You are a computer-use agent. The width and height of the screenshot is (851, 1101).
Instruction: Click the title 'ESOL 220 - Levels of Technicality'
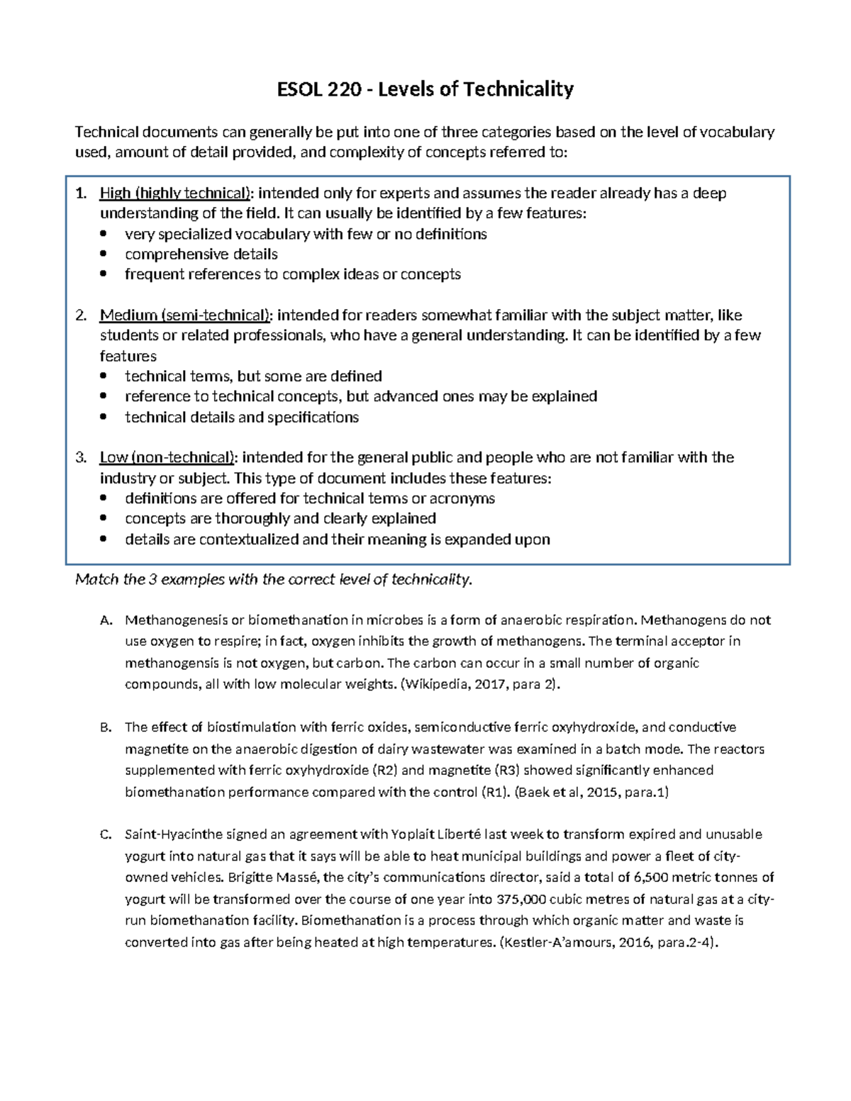tap(425, 89)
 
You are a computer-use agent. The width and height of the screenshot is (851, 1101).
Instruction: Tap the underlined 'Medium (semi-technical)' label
tap(186, 315)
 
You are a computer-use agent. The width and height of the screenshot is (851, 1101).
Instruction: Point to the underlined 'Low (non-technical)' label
tap(168, 457)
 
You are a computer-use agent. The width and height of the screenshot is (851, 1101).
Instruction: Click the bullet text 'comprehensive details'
tap(201, 254)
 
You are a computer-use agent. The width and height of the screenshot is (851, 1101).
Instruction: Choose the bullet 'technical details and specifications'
tap(242, 418)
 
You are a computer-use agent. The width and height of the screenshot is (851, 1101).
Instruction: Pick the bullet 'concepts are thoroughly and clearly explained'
tap(280, 518)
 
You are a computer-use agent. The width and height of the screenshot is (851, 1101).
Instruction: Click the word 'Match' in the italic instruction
tap(96, 580)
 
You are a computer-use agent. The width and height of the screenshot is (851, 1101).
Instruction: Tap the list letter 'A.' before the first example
tap(106, 620)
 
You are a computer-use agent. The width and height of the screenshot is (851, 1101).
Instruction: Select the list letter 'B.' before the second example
tap(106, 727)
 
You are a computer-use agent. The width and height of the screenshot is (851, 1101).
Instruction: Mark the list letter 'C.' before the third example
tap(106, 834)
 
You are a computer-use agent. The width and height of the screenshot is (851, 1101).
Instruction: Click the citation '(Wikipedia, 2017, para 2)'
tap(480, 685)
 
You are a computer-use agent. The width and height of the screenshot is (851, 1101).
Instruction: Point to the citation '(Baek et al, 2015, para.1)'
tap(591, 792)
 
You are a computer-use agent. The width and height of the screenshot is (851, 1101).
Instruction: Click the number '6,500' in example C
tap(651, 878)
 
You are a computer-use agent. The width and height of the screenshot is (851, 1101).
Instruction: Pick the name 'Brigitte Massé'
tap(274, 878)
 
